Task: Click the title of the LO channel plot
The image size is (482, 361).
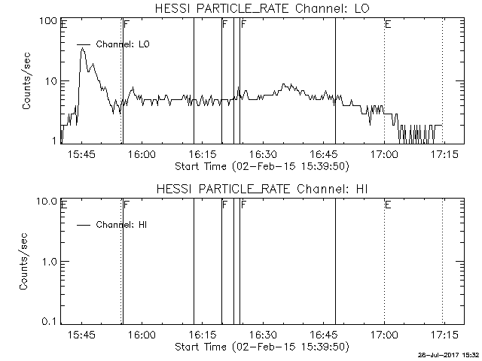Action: tap(262, 8)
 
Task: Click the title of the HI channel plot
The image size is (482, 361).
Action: tap(262, 189)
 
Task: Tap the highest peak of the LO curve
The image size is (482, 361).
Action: tap(82, 48)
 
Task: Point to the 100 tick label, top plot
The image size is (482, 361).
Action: tap(47, 21)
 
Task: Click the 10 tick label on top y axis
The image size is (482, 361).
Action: tap(50, 82)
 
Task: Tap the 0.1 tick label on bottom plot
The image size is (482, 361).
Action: tap(50, 322)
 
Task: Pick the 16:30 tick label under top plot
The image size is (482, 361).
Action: tap(263, 153)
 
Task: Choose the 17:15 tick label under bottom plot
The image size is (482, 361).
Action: tap(444, 334)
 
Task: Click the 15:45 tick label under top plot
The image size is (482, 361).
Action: tap(81, 153)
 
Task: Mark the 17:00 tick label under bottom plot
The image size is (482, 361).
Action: tap(384, 334)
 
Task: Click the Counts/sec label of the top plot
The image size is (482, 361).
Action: tap(26, 81)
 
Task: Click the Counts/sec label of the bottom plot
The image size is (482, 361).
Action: tap(23, 262)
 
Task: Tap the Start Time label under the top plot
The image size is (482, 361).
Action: tap(262, 167)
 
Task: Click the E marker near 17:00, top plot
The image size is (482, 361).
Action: tap(389, 24)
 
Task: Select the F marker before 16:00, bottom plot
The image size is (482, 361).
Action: tap(127, 205)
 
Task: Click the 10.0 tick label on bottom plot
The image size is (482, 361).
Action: tap(47, 202)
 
